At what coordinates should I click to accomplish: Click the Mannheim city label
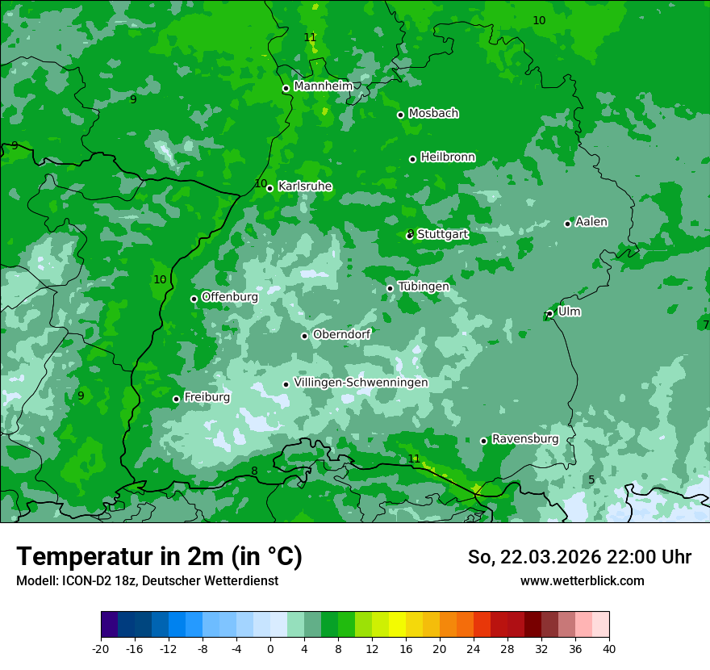[323, 86]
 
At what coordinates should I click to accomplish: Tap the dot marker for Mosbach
[400, 115]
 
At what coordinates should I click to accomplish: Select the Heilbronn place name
[448, 157]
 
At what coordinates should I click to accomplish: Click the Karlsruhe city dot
[269, 188]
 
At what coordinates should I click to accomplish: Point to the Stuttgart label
[443, 235]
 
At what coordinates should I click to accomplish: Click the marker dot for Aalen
[567, 224]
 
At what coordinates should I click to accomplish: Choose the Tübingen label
[424, 287]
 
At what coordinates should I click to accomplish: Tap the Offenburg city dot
[194, 299]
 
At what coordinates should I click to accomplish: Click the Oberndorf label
[341, 334]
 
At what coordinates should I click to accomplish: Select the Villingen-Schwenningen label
[361, 383]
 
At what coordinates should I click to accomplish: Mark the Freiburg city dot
[176, 399]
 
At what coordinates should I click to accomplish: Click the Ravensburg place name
[525, 439]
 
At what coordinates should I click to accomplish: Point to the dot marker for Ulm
[549, 313]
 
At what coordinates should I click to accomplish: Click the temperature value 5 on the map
[591, 479]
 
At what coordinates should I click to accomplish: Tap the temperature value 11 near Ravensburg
[414, 459]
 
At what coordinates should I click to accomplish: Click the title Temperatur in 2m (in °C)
[159, 556]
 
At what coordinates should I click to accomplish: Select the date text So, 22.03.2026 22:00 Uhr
[579, 557]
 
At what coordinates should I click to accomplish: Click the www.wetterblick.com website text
[582, 580]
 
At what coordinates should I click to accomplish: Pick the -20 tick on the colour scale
[101, 648]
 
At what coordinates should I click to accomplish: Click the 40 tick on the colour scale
[608, 648]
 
